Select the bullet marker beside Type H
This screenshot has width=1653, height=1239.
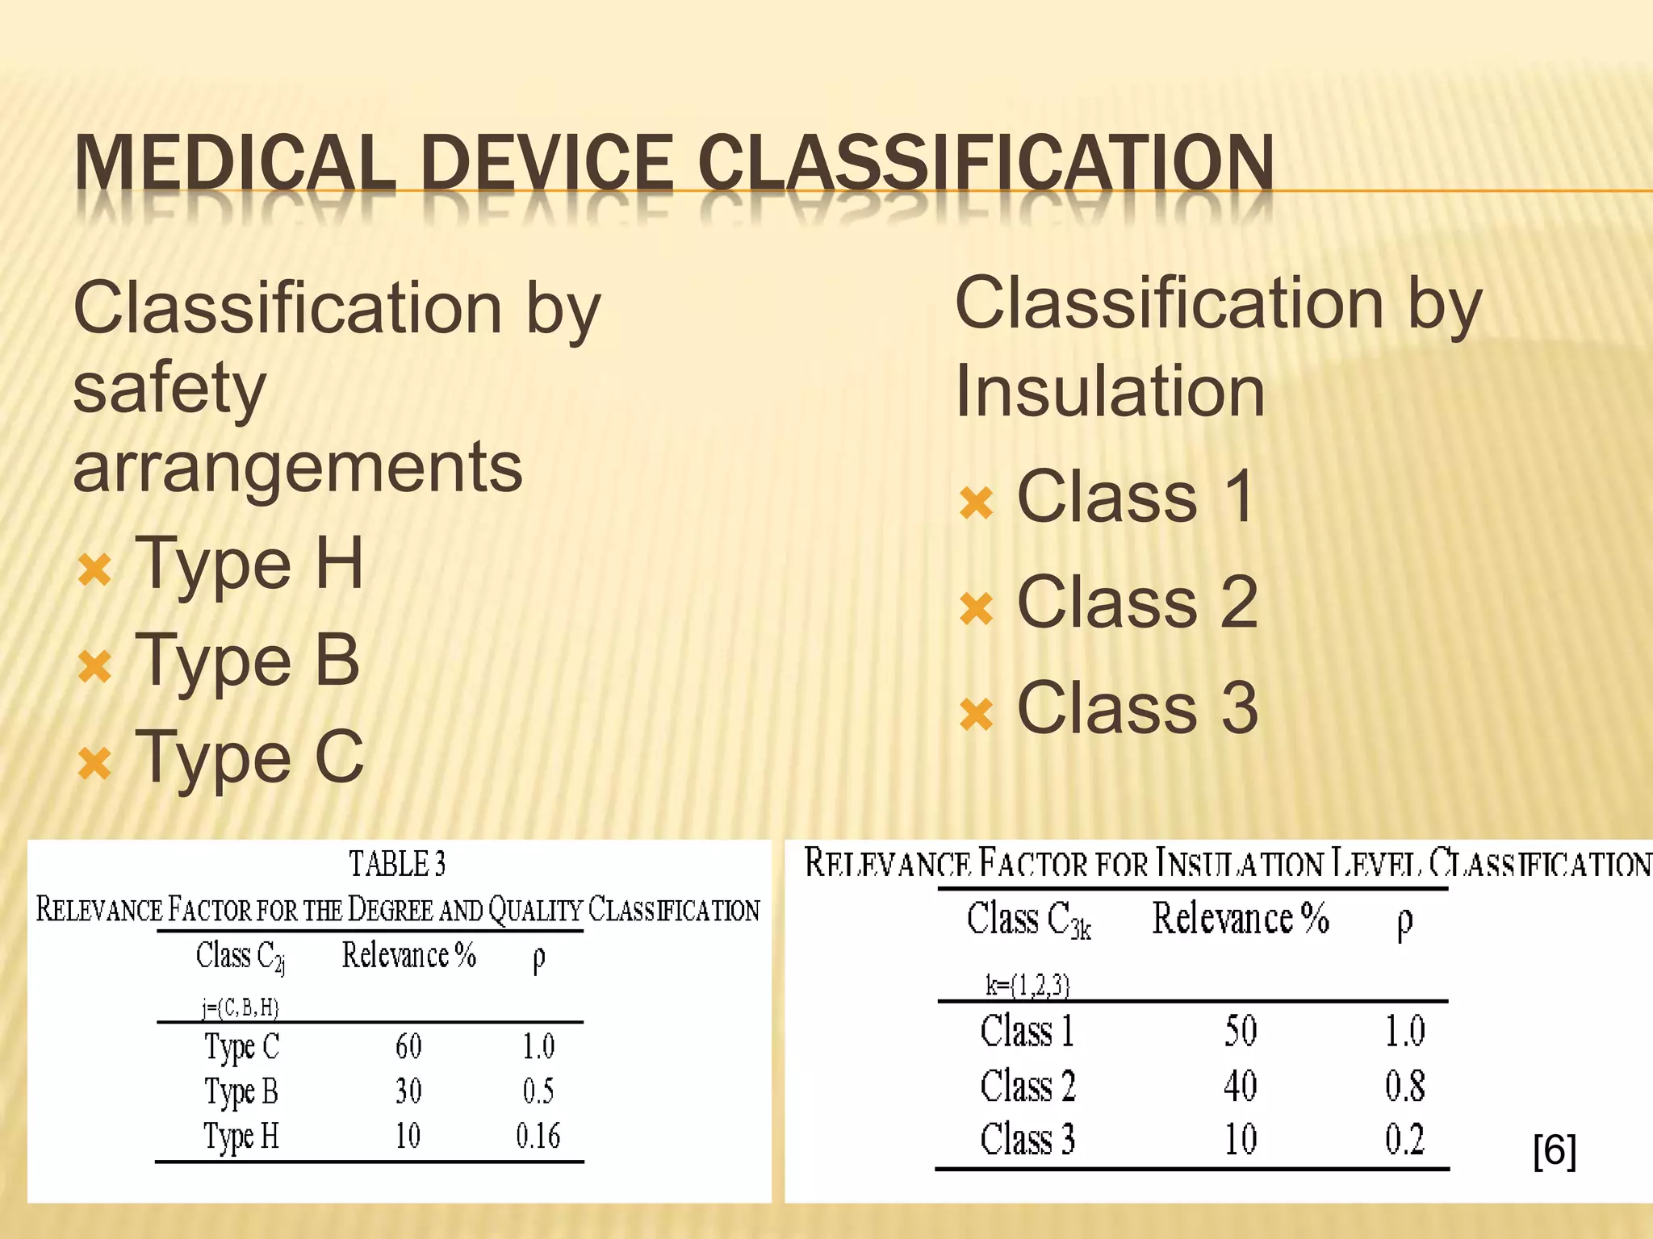[x=94, y=569]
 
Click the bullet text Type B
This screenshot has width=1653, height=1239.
[x=247, y=660]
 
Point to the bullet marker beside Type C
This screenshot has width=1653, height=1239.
[x=94, y=763]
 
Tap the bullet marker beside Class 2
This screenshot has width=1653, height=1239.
[x=977, y=609]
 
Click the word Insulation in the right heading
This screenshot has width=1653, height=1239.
[x=1110, y=391]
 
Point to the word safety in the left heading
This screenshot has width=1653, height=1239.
[x=169, y=389]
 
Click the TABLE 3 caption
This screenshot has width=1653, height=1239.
[x=397, y=864]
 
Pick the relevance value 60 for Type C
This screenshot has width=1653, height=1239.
[x=408, y=1046]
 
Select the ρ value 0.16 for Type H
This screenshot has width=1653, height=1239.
[x=538, y=1136]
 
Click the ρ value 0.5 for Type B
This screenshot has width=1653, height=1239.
[x=538, y=1091]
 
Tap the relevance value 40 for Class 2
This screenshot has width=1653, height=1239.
[x=1241, y=1085]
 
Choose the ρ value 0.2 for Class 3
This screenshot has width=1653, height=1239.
[x=1404, y=1139]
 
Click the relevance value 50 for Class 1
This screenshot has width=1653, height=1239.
[x=1241, y=1031]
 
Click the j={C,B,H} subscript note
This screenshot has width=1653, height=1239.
[x=240, y=1007]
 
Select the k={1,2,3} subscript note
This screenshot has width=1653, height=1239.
[x=1027, y=985]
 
